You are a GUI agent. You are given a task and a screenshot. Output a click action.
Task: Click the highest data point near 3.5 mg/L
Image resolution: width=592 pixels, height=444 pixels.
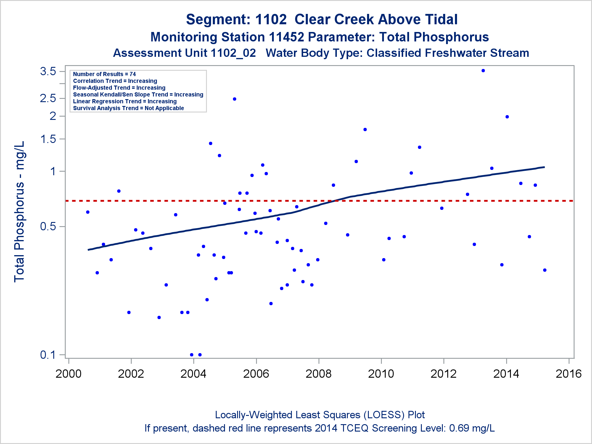[x=483, y=70]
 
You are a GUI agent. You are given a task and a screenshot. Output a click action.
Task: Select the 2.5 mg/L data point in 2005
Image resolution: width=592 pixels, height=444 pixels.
[x=234, y=99]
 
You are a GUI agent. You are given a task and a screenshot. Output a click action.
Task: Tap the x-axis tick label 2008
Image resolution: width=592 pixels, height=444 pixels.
[x=318, y=374]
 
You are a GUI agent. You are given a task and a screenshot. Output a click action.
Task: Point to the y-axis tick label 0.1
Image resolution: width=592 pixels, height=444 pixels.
[x=48, y=355]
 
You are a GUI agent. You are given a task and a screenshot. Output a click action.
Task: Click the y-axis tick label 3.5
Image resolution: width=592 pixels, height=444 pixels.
[x=48, y=71]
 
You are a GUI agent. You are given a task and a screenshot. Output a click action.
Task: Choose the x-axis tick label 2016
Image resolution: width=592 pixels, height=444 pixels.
[x=569, y=374]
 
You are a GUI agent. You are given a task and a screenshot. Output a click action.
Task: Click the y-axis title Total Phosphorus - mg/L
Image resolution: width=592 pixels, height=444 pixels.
[x=20, y=212]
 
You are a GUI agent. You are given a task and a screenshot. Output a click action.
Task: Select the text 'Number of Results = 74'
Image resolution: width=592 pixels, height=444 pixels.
[x=104, y=74]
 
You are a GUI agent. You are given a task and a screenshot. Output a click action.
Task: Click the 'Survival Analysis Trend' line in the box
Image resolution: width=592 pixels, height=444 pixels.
[x=128, y=108]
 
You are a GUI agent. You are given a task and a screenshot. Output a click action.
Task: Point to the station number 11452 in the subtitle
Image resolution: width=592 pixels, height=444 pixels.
[x=286, y=37]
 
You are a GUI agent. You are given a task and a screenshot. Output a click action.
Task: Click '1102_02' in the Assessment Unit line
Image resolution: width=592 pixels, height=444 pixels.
[x=233, y=53]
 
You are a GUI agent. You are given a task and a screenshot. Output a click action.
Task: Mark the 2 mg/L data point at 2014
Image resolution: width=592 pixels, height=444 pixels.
[x=507, y=117]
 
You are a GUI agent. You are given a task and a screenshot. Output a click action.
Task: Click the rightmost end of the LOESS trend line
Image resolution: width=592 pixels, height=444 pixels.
[x=544, y=167]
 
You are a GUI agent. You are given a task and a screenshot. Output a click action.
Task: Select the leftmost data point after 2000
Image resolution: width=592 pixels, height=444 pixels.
[x=88, y=212]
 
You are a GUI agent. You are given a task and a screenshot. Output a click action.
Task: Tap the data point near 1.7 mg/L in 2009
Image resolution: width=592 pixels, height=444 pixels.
[x=365, y=129]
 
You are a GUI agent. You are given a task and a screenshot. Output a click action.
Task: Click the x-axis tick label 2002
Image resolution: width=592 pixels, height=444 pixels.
[x=131, y=374]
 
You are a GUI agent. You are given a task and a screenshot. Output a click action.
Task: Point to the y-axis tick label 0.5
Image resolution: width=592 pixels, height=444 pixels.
[x=48, y=226]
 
